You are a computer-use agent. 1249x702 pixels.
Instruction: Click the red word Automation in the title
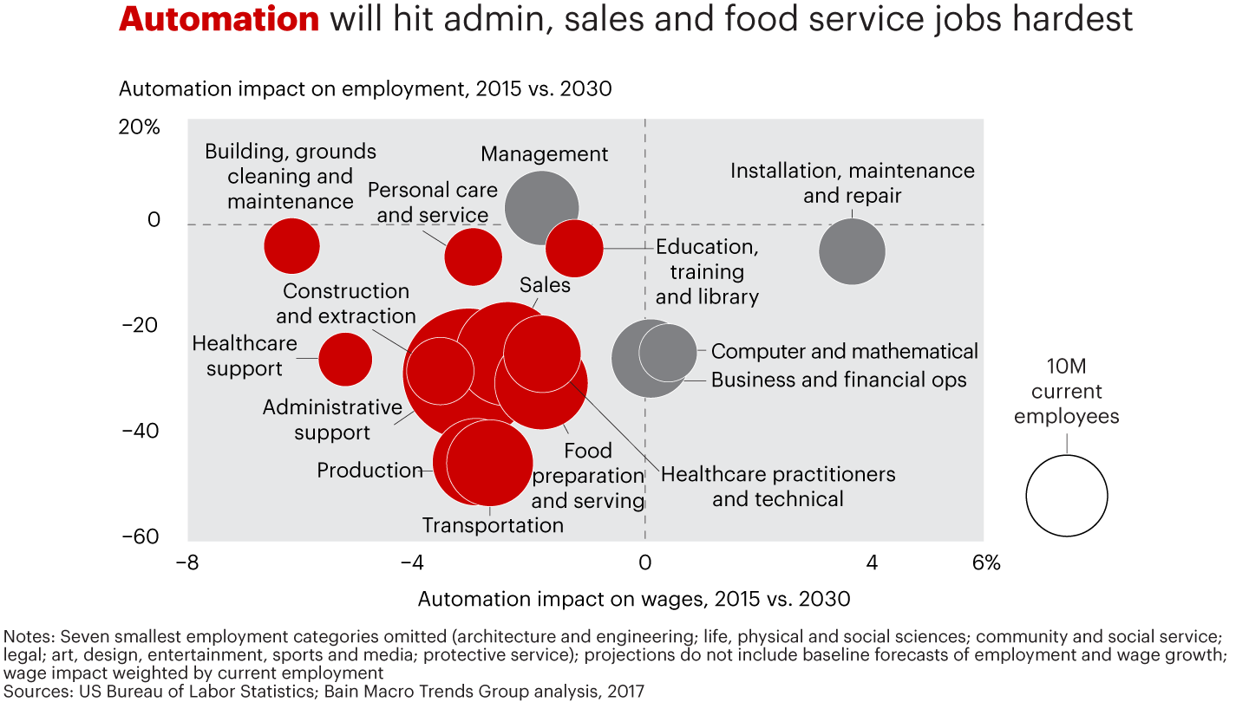(219, 19)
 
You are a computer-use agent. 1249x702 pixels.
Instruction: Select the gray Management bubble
(542, 208)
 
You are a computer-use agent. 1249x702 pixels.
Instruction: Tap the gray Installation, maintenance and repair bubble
(852, 251)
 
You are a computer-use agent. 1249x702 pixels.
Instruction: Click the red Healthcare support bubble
(345, 359)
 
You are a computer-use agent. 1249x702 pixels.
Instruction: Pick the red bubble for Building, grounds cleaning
(291, 246)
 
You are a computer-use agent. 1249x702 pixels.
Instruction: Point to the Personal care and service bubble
(473, 257)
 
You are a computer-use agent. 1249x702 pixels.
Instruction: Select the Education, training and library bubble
(574, 249)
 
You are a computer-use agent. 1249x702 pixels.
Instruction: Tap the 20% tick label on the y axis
(139, 127)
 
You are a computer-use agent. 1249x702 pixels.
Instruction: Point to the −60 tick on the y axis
(139, 536)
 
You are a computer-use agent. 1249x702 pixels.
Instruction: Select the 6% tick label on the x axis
(985, 562)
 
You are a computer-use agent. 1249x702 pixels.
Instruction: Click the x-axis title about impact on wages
(633, 599)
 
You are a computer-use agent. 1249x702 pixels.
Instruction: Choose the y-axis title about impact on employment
(365, 88)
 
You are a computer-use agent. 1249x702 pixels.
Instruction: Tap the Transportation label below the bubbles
(493, 525)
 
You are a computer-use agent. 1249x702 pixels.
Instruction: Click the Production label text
(369, 471)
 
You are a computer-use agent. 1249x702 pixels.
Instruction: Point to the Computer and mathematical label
(844, 351)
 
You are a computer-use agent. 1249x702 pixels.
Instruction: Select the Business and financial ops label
(838, 380)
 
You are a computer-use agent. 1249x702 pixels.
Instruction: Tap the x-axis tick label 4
(872, 562)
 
